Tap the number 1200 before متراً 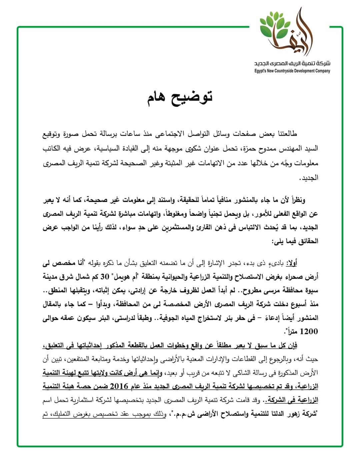click(309, 332)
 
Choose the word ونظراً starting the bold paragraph click(295, 200)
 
